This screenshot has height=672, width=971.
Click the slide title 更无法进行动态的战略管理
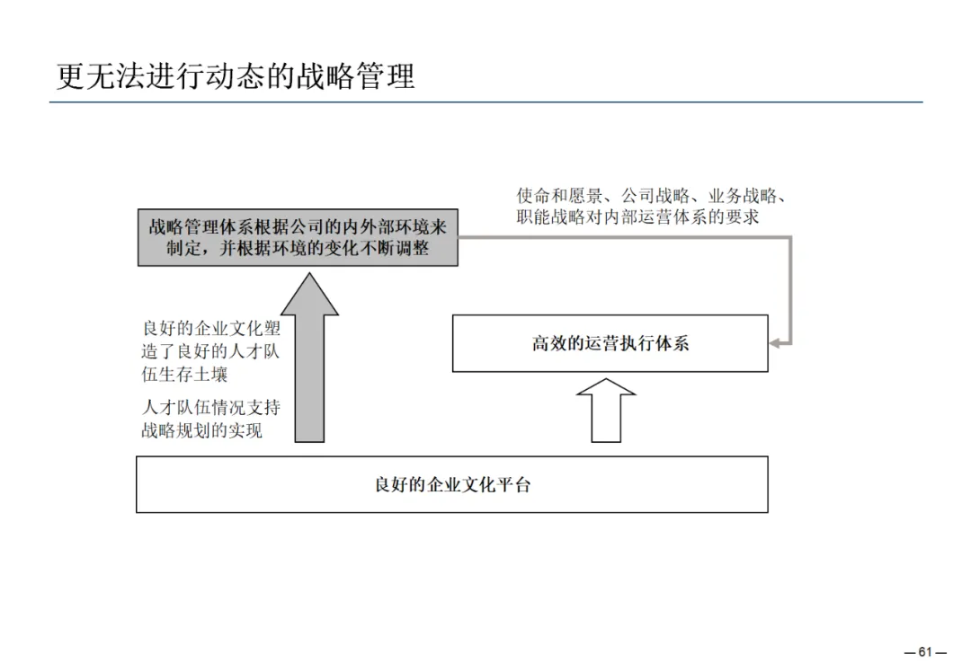[236, 75]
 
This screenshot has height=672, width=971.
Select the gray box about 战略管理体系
[298, 237]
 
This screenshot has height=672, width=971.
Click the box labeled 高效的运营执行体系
[610, 343]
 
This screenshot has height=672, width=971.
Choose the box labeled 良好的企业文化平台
[451, 484]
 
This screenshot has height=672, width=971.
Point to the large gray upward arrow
[310, 359]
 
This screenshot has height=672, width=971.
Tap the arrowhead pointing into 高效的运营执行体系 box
[777, 343]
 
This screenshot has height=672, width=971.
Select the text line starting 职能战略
[637, 217]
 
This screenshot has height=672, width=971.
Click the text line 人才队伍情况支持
[211, 407]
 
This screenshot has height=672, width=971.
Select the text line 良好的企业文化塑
[211, 329]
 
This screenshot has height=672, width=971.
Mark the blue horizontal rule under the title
[485, 102]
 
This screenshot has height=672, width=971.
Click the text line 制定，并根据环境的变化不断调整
[298, 249]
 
